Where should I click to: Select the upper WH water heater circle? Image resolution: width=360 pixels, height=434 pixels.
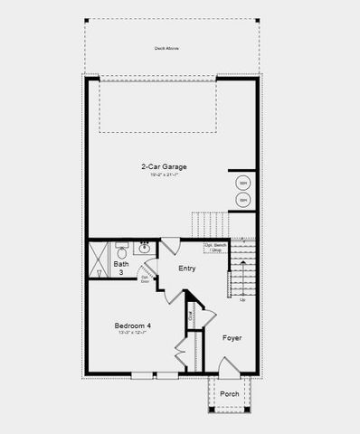[242, 182]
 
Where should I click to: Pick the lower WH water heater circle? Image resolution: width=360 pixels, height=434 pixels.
[242, 200]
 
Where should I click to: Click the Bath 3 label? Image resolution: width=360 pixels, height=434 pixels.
[121, 268]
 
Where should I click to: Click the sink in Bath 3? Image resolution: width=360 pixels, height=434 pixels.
[145, 245]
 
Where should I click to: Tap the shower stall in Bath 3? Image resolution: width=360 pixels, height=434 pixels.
[99, 258]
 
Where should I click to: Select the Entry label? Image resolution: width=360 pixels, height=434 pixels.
[187, 269]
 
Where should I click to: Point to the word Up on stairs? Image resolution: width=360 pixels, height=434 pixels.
[242, 299]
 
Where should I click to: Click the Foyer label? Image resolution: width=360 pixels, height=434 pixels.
[232, 337]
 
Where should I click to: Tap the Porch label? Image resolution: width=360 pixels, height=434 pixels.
[230, 394]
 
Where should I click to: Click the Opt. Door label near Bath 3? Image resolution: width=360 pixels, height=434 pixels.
[145, 278]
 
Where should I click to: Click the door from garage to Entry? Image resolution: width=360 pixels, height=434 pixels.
[170, 245]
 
